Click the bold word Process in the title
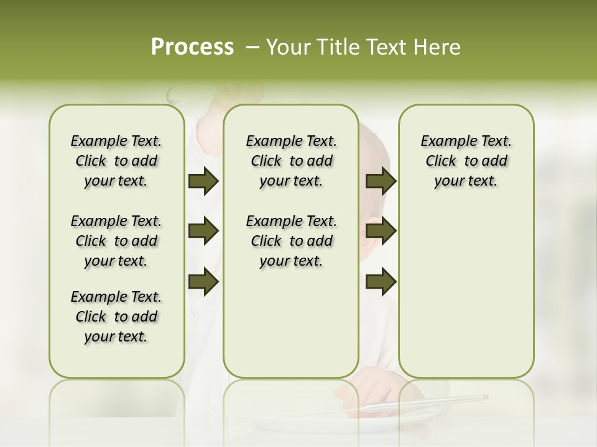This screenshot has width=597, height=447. [192, 47]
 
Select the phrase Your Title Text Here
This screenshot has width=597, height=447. [363, 47]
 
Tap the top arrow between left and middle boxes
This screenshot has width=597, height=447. [203, 181]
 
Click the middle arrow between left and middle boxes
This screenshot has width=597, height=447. [203, 232]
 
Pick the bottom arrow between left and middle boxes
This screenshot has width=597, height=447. [203, 281]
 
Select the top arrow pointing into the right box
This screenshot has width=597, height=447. [381, 181]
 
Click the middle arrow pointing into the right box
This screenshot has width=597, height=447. [381, 232]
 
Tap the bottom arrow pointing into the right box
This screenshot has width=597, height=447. [381, 281]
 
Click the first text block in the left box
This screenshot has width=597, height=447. [116, 161]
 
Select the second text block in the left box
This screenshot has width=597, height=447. [116, 241]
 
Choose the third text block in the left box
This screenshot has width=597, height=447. [116, 317]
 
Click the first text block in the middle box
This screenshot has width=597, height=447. [291, 161]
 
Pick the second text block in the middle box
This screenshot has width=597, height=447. [291, 241]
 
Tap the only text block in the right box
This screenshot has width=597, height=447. [466, 161]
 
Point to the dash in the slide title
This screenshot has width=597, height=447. [252, 47]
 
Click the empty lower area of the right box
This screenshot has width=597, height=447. [466, 292]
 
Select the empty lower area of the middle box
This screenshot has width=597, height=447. [291, 323]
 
